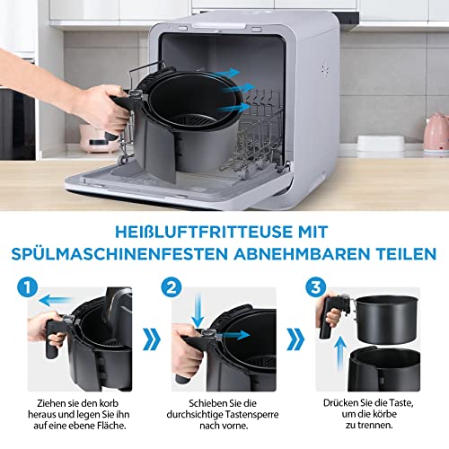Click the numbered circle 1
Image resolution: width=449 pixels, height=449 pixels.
tap(28, 287)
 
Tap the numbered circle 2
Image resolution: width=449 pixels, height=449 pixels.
tap(172, 287)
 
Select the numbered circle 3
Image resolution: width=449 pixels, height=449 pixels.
tap(315, 287)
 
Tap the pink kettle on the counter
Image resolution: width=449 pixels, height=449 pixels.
tap(436, 131)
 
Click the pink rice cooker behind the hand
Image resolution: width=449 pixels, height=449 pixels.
tap(96, 138)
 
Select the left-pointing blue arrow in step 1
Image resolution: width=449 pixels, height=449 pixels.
tap(56, 300)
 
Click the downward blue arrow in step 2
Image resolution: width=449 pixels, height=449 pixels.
tap(198, 311)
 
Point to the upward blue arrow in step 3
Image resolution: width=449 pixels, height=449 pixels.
tap(340, 355)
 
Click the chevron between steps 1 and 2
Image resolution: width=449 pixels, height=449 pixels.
tap(152, 339)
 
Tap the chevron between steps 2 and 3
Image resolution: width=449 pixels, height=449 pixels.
tap(295, 339)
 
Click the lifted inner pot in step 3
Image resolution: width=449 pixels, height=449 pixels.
tap(387, 319)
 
